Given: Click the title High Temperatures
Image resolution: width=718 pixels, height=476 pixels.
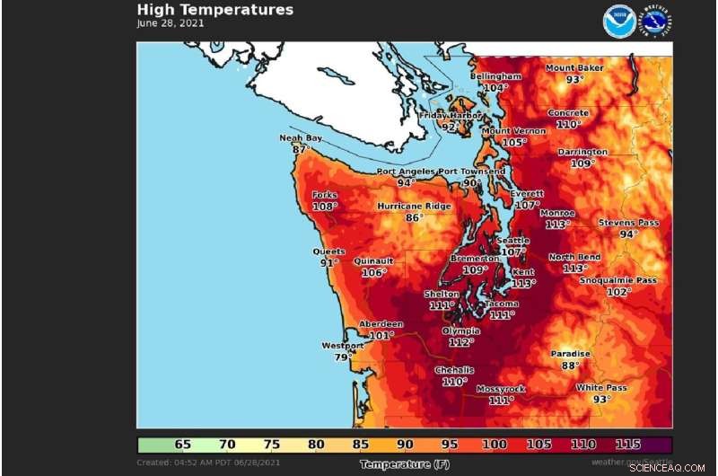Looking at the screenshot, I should pos(215,10).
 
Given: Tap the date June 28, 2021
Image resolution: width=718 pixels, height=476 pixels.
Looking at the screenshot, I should pos(171,23).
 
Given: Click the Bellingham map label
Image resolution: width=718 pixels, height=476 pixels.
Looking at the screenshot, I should pos(495,76).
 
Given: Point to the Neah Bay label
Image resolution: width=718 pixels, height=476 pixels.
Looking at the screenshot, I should pos(301,138).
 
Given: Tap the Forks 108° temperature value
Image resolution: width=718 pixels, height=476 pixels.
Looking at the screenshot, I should pos(324,206).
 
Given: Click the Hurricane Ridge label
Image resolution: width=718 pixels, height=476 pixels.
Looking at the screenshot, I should pos(414,206).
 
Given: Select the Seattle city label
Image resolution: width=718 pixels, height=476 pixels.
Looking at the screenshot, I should pos(513,241).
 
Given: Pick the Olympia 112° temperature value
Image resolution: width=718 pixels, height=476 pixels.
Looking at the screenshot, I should pos(460,342).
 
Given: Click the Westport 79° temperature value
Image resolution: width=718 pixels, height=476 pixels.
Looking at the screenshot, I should pos(342,357).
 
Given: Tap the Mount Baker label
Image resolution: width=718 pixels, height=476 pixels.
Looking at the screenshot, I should pos(574,68).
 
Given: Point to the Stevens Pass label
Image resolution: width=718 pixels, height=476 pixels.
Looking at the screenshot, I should pos(628,223).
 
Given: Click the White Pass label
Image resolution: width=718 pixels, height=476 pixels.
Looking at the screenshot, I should pos(601,387).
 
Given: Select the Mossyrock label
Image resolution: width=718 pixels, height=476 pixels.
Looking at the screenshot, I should pos(501,389).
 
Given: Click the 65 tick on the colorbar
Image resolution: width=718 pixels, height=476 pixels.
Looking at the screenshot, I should pos(182,445).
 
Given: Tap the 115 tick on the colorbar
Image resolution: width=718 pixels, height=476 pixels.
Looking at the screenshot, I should pos(629,445).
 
